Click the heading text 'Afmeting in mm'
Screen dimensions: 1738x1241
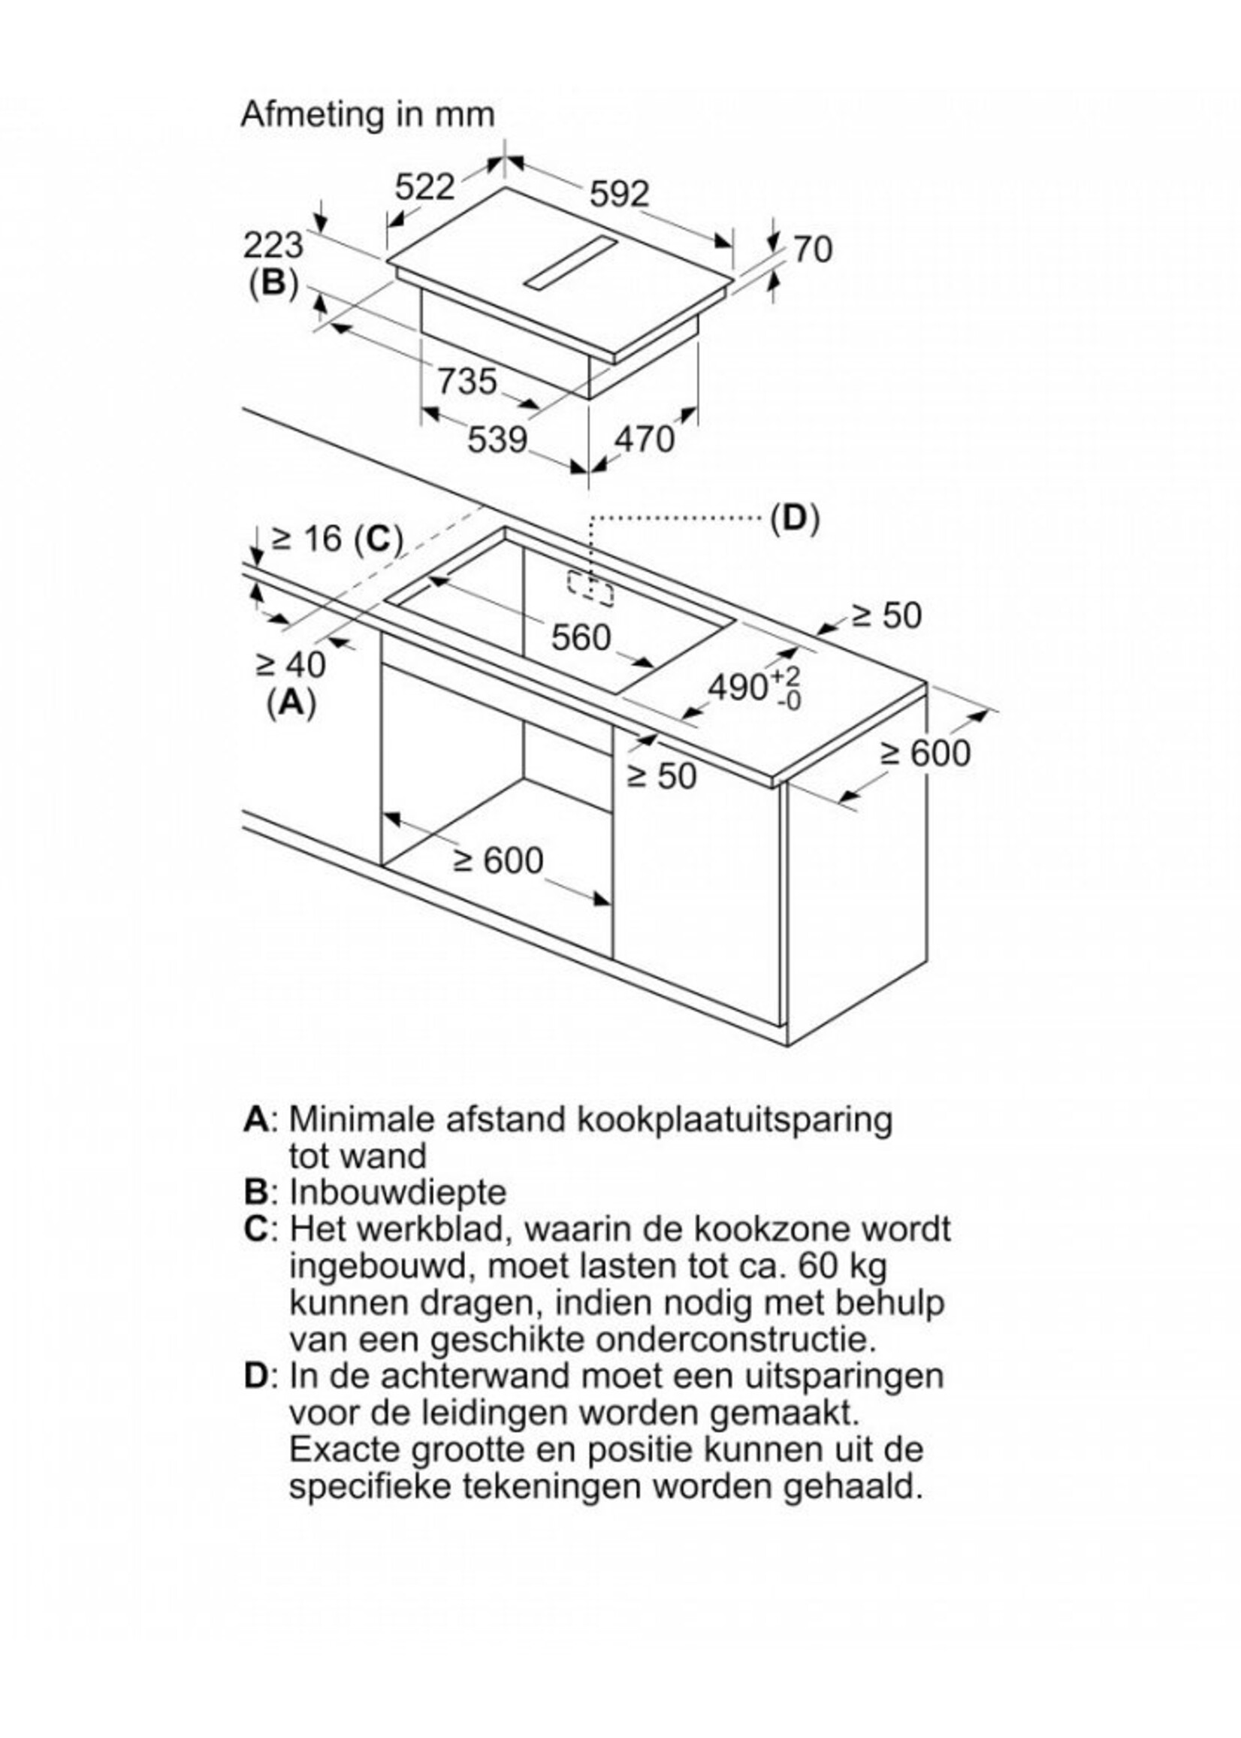click(x=367, y=115)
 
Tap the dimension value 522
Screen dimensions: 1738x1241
click(x=425, y=187)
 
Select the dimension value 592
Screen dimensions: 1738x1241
click(x=619, y=194)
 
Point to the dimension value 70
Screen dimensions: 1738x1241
click(x=813, y=250)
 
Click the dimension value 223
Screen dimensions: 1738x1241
click(x=273, y=246)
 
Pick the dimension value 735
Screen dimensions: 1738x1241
click(x=467, y=381)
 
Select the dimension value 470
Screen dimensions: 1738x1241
click(x=645, y=440)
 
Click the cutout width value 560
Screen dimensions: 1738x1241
click(x=581, y=636)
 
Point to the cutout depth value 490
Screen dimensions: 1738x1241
click(x=738, y=688)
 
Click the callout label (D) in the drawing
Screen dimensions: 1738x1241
click(x=795, y=519)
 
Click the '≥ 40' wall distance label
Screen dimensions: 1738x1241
click(x=291, y=664)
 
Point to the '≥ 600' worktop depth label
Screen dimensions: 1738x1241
click(x=925, y=753)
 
